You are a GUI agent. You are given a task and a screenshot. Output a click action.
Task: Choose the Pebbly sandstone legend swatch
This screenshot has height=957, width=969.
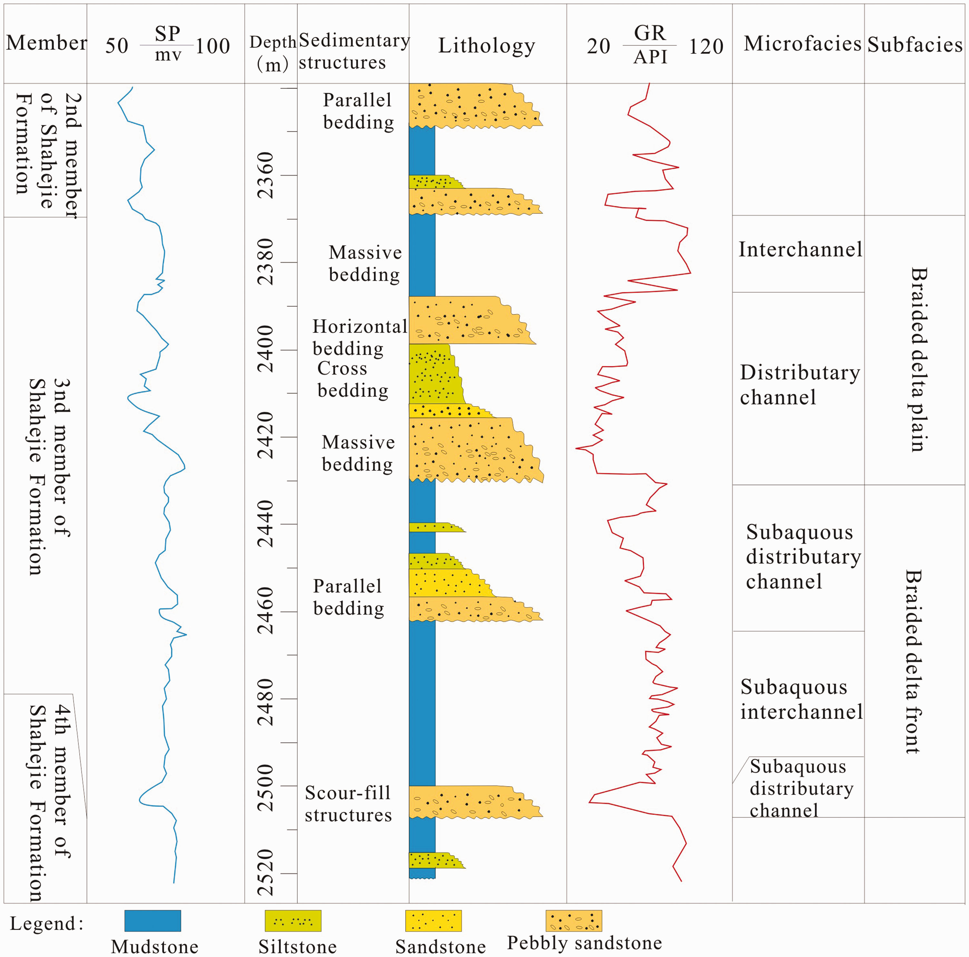coord(574,920)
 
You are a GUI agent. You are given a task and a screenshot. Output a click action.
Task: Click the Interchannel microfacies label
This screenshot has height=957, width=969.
coord(800,250)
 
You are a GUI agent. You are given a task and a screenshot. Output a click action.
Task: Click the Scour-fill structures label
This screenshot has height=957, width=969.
coord(348,804)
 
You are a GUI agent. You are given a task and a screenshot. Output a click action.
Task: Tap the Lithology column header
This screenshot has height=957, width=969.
coord(487,46)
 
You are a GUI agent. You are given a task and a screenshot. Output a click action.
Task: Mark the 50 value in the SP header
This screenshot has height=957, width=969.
coord(116,46)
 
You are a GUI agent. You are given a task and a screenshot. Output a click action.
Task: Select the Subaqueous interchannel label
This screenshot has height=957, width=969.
coord(801,699)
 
